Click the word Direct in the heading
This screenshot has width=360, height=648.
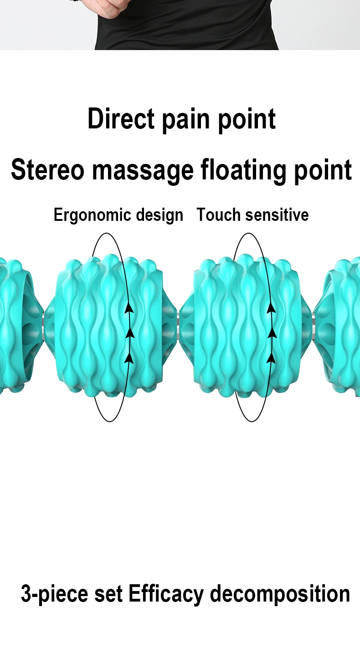pos(121,118)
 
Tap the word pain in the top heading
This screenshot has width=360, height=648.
pos(186,120)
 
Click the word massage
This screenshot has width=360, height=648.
pos(143,171)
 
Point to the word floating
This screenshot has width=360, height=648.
pos(243,171)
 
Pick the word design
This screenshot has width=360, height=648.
pos(160,215)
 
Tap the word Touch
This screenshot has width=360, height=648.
pos(219,214)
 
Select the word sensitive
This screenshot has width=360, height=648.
pos(277,215)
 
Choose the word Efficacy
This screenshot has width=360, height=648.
pos(166,594)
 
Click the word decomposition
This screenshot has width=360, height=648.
pos(280,594)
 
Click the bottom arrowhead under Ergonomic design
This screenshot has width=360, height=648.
pos(129,358)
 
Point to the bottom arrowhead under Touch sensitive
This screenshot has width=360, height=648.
pos(271,358)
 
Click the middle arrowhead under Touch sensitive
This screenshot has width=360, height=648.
pos(272,333)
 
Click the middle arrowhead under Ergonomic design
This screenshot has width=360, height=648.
pos(130,333)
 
